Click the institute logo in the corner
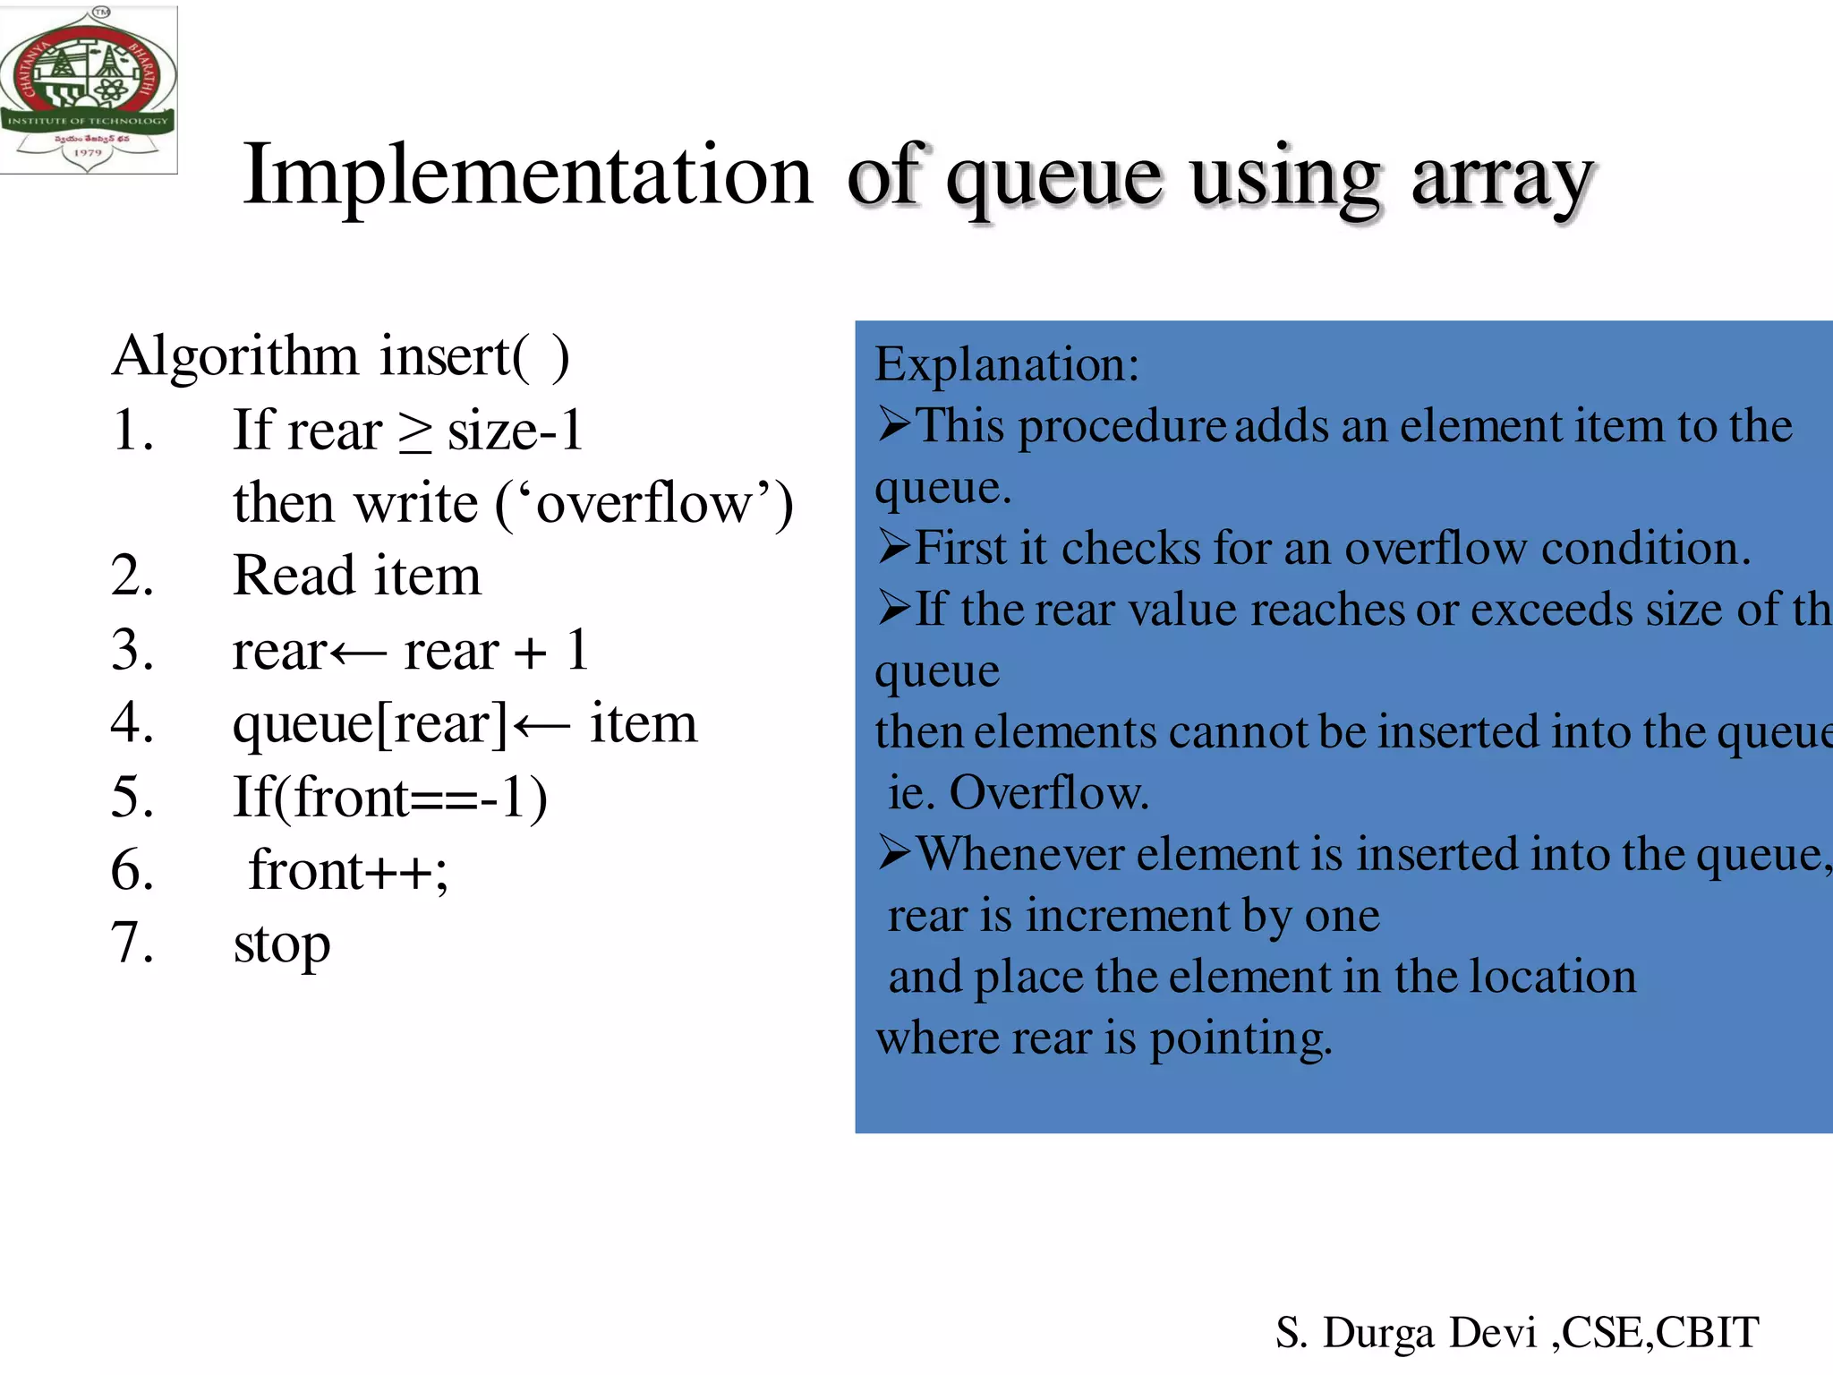[x=88, y=90]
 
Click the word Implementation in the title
[x=528, y=175]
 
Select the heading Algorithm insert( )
[x=340, y=356]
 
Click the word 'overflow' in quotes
[x=644, y=503]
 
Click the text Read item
[x=356, y=576]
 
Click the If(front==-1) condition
[x=389, y=797]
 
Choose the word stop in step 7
[x=281, y=945]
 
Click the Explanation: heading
[x=1007, y=365]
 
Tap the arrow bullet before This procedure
[x=893, y=424]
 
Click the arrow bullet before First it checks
[x=893, y=546]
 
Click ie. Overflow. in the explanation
[x=1018, y=793]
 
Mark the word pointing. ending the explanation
[x=1240, y=1038]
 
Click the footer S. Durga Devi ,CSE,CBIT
[x=1516, y=1332]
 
